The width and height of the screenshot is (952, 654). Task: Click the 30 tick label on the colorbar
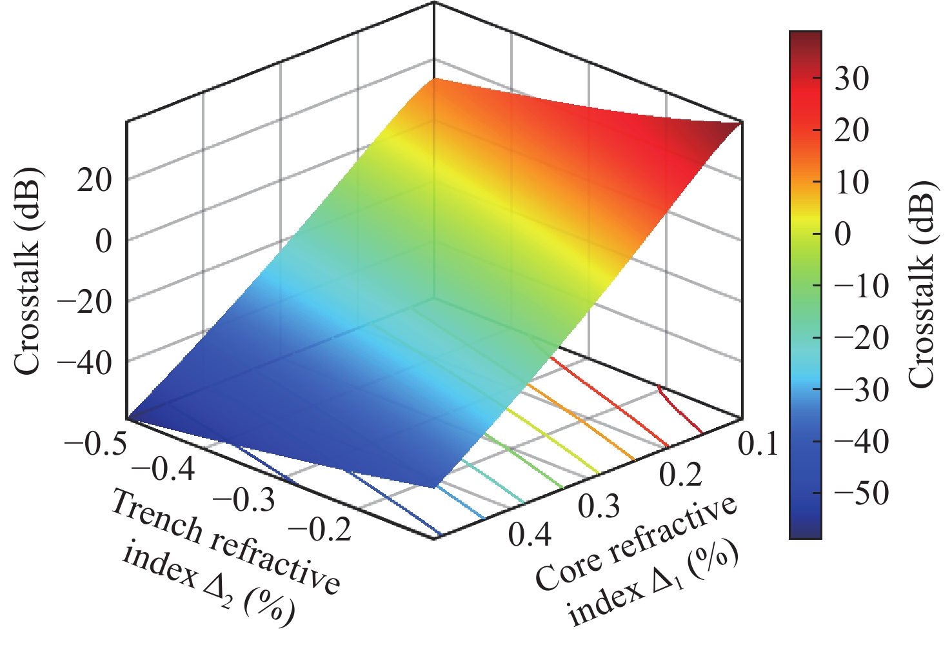coord(851,79)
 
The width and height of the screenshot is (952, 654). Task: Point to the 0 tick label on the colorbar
coord(843,234)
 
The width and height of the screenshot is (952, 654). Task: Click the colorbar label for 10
coord(851,183)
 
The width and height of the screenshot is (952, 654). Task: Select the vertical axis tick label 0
coord(103,241)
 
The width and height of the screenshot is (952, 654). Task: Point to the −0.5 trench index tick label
coord(95,445)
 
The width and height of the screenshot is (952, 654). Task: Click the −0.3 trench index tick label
coord(243,500)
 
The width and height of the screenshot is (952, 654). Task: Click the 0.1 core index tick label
coord(758,444)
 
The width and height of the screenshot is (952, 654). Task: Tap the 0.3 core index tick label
coord(599,506)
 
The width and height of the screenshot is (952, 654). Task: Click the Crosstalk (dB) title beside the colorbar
coord(921,284)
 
